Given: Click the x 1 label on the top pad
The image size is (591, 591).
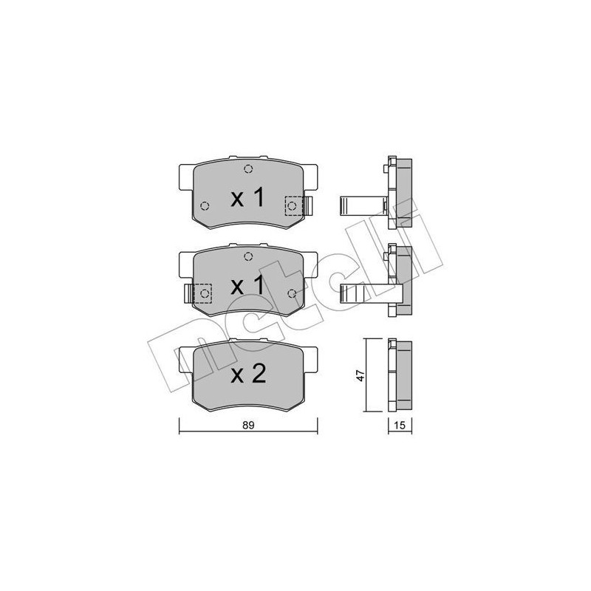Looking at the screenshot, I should point(247,198).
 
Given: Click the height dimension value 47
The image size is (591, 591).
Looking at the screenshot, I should point(359,375).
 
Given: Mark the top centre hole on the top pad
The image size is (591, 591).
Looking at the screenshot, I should point(248,168).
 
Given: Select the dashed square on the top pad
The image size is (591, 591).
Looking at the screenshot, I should point(293,205).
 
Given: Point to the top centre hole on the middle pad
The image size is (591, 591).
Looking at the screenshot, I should point(248,256).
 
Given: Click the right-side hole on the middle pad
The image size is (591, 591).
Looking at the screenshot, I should point(293,294).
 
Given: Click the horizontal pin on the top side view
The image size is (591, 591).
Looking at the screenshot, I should point(359,205).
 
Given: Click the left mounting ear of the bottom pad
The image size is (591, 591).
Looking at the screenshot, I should point(186,359).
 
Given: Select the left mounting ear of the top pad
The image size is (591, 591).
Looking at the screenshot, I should point(186,177).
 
